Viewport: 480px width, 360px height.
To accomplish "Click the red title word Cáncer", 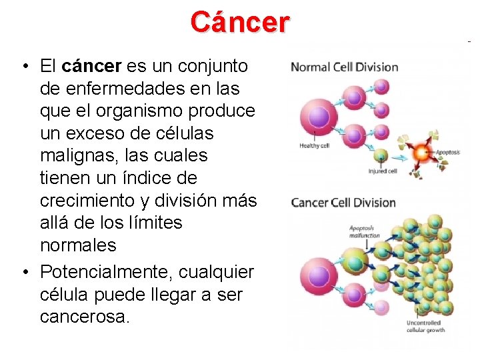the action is [x=240, y=22].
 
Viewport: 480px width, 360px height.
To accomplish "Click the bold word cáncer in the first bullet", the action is [x=91, y=66].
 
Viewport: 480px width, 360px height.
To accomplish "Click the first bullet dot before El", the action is [x=24, y=66].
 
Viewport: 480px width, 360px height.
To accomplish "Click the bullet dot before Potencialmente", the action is [x=24, y=272].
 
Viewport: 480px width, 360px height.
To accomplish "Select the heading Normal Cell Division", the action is [x=344, y=67].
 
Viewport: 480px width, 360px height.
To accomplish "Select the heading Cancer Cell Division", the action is [x=343, y=203].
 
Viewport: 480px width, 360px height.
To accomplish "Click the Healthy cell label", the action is [x=314, y=145].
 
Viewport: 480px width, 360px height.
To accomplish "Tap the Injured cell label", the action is [x=383, y=171].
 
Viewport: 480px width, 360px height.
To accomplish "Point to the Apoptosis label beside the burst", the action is [x=447, y=153].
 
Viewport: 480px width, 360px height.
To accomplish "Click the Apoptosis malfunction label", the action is [x=365, y=232].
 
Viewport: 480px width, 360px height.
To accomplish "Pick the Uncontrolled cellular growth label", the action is [x=425, y=327].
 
